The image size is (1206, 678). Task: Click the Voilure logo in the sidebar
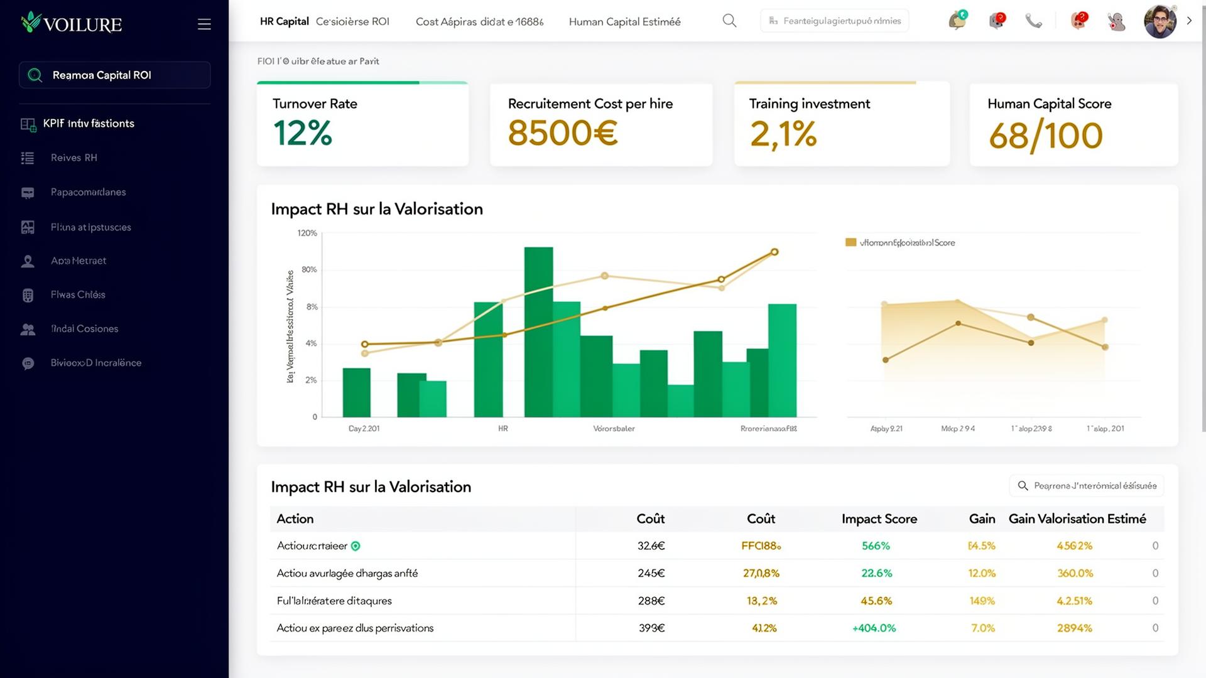click(x=71, y=23)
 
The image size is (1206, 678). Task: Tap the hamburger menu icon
click(x=204, y=24)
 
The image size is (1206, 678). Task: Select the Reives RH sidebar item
click(x=73, y=158)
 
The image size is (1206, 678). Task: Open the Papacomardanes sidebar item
click(x=88, y=192)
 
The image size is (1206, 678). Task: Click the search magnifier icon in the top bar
click(x=729, y=21)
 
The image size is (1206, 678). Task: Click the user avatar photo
click(x=1160, y=22)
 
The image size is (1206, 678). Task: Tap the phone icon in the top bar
click(x=1033, y=21)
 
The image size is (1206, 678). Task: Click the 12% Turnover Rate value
click(x=303, y=134)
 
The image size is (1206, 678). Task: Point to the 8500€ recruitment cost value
click(x=563, y=134)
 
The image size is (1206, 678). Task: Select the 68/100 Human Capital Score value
click(x=1046, y=136)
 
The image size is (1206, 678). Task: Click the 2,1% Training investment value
click(x=783, y=134)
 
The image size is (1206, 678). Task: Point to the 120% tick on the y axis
click(x=307, y=234)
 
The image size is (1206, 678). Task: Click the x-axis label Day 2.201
click(x=364, y=429)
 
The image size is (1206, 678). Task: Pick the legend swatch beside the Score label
click(x=850, y=242)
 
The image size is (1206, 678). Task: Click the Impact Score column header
click(x=879, y=519)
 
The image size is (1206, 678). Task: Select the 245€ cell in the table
click(x=651, y=573)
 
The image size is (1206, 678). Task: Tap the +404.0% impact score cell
click(x=874, y=628)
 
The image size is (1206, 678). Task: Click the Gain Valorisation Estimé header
click(x=1077, y=519)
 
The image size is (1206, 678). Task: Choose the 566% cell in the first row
click(x=876, y=546)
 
